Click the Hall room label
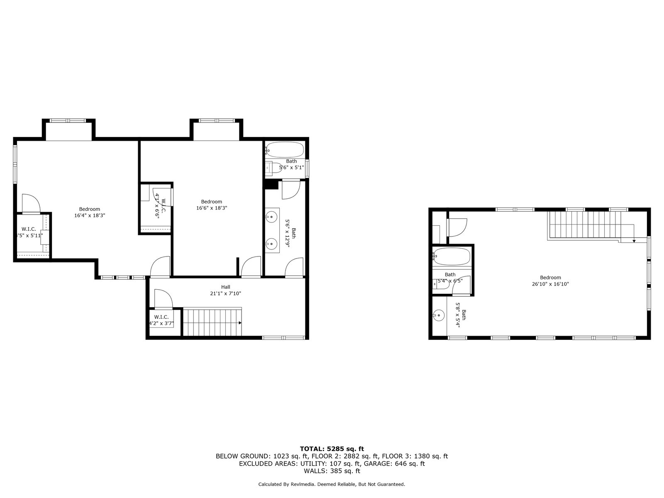coord(225,287)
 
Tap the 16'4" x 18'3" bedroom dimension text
coord(90,215)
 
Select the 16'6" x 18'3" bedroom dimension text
coord(212,208)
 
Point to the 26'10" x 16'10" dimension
coord(550,284)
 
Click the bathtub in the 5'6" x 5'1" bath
coord(285,150)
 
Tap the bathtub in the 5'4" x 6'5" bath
coord(452,256)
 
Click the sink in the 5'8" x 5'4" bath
coord(438,316)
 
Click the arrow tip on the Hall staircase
coord(241,323)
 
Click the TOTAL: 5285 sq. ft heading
coord(332,449)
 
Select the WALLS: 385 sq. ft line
coord(332,471)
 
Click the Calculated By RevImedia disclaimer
coord(332,484)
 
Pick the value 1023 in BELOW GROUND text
coord(281,456)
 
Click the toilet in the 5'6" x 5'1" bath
coord(273,167)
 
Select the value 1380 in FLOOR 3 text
coord(422,456)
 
